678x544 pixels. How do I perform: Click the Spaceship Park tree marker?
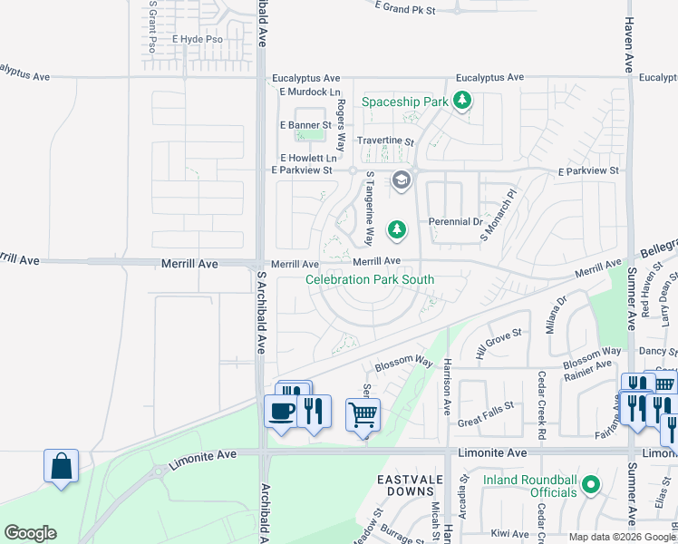pos(462,101)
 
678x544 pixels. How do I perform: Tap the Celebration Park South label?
pos(370,280)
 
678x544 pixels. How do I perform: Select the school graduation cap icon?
pos(401,181)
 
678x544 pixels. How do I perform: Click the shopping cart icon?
pos(363,415)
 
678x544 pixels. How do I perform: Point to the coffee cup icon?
pos(280,412)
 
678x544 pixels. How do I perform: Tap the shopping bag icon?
pos(61,466)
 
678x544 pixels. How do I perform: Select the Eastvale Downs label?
pos(407,484)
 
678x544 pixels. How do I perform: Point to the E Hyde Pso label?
pos(197,41)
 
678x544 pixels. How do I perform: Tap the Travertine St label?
pos(384,141)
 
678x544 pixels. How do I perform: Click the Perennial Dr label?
pos(455,221)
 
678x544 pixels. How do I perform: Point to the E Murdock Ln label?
pos(310,92)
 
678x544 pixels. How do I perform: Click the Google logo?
pos(30,533)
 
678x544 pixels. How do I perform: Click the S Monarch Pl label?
pos(498,215)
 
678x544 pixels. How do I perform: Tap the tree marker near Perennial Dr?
pos(396,231)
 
